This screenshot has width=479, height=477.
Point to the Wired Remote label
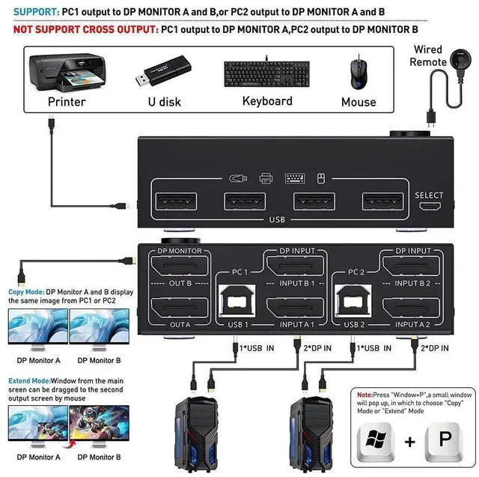tap(428, 55)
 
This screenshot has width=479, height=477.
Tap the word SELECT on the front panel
tap(429, 195)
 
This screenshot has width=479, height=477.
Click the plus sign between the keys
tap(409, 441)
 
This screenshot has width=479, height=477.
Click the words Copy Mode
tap(25, 291)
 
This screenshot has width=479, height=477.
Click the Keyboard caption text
tap(267, 101)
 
